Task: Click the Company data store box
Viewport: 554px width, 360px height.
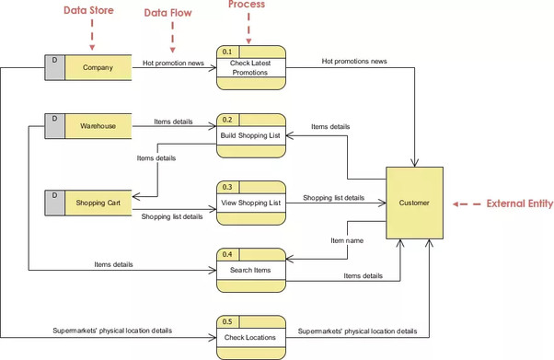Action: point(98,67)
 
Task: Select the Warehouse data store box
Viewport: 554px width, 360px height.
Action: point(98,125)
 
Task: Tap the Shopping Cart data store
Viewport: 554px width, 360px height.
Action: point(98,203)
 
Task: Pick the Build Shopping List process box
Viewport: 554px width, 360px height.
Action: point(251,136)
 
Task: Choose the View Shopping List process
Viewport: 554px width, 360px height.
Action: point(251,203)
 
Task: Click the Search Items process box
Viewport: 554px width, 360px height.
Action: point(251,270)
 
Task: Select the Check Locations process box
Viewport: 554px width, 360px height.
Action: point(251,337)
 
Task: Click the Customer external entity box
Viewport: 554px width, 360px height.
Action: point(414,203)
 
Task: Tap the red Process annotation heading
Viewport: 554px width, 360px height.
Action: point(246,5)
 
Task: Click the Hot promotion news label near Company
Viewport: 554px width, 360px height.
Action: point(173,64)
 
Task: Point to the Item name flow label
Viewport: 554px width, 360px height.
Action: point(346,241)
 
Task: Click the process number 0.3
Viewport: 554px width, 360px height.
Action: point(226,186)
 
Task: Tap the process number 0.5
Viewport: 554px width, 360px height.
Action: point(226,320)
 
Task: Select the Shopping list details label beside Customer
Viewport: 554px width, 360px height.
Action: point(333,198)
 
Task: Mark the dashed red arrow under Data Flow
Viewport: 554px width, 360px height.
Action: point(171,38)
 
